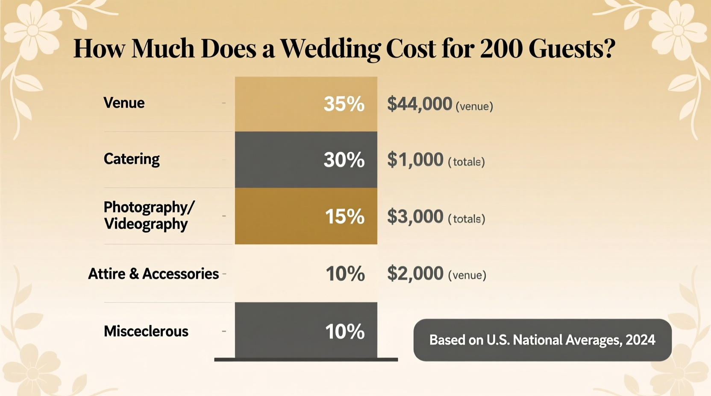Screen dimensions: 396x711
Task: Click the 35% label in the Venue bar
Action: tap(344, 104)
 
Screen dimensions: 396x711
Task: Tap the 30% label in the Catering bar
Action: tap(344, 160)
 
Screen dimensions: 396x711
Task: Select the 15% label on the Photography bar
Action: tap(344, 217)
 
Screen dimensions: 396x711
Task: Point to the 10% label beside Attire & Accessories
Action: tap(345, 274)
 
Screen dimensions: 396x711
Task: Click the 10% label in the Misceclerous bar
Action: tap(345, 332)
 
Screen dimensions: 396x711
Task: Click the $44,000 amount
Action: tap(419, 104)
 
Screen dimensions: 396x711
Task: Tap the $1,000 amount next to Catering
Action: tap(415, 160)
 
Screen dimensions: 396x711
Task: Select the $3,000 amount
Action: tap(415, 217)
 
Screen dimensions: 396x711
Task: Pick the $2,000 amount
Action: tap(415, 274)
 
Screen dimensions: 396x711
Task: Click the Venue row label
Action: tap(124, 103)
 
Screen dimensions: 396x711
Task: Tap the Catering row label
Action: tap(132, 159)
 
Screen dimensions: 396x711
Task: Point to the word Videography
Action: tap(146, 224)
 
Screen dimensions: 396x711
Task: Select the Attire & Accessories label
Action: tap(153, 274)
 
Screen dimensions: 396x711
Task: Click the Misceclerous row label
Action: tap(146, 331)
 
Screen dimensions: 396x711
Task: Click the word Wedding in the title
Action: tap(330, 49)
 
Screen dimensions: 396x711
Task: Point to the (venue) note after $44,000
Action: tap(474, 106)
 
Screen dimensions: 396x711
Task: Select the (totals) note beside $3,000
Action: tap(467, 219)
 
